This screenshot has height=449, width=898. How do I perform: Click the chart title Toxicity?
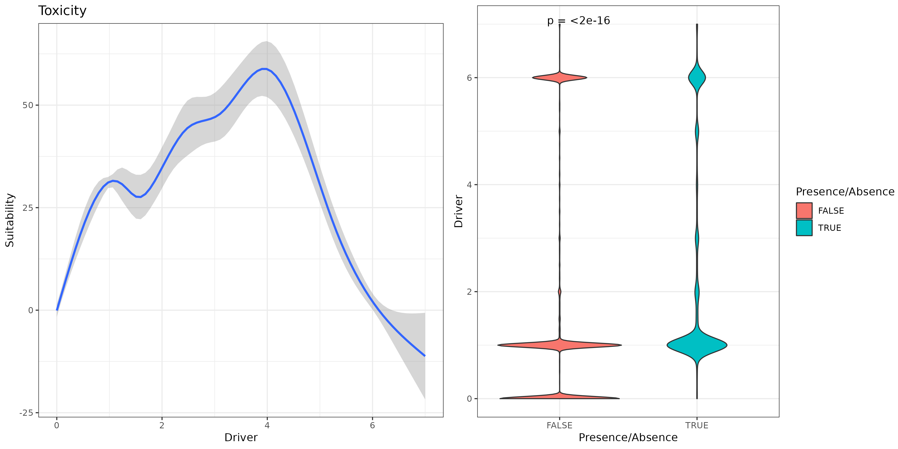click(62, 11)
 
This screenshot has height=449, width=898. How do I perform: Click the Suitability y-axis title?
click(10, 220)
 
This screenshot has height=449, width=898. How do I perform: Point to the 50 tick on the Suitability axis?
click(28, 105)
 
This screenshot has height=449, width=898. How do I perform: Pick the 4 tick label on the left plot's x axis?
click(267, 425)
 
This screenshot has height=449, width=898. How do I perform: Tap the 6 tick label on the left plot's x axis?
click(372, 425)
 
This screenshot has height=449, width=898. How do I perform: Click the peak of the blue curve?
click(265, 69)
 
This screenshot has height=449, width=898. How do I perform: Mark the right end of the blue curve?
click(425, 356)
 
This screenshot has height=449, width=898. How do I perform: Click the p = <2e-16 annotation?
click(578, 21)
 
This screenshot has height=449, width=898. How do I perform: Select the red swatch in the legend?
click(804, 211)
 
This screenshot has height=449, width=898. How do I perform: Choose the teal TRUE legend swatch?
click(804, 228)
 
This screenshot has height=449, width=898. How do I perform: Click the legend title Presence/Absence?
click(845, 192)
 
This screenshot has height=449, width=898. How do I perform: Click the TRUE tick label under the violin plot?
click(696, 425)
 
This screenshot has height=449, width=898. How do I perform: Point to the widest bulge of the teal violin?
click(696, 345)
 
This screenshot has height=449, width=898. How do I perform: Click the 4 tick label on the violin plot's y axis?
click(469, 185)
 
